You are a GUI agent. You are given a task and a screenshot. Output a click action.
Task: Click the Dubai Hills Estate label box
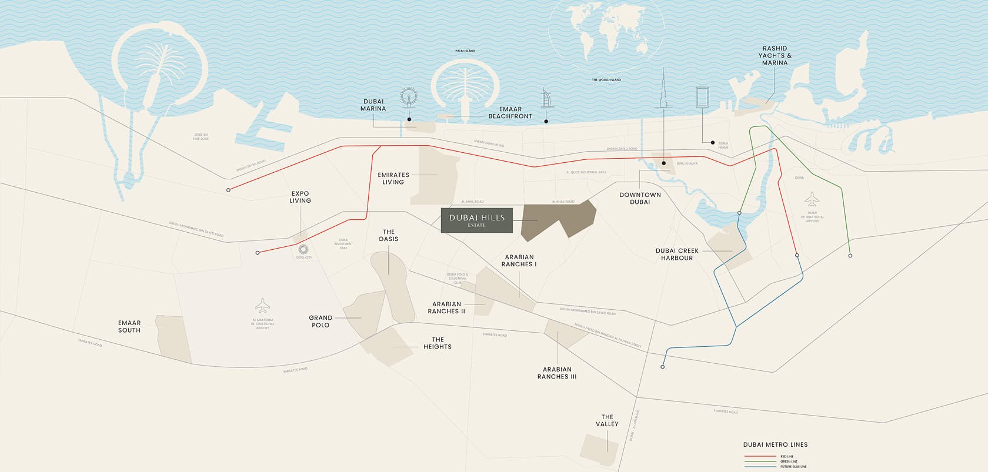[x=477, y=220]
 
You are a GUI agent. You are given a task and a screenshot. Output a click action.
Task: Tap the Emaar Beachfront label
[x=510, y=113]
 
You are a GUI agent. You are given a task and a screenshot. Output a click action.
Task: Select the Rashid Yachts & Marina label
[x=775, y=56]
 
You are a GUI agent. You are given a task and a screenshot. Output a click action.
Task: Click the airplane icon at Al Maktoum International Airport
[x=262, y=306]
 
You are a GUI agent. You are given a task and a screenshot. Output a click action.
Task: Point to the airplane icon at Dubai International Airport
[x=812, y=199]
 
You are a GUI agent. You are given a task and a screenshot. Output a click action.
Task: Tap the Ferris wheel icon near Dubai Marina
[x=408, y=98]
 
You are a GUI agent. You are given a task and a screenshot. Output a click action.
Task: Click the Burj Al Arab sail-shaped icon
[x=545, y=99]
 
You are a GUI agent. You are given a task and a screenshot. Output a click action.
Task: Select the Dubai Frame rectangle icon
[x=703, y=98]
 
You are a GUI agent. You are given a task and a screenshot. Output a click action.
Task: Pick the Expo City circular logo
[x=304, y=249]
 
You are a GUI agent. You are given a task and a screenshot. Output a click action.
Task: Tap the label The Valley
[x=608, y=420]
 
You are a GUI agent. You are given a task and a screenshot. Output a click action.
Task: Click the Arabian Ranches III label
[x=556, y=373]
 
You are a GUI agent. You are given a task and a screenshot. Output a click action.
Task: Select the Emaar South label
[x=129, y=326]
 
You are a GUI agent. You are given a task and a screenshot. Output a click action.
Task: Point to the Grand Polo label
[x=321, y=321]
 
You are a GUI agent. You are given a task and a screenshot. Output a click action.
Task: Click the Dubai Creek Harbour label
[x=677, y=254]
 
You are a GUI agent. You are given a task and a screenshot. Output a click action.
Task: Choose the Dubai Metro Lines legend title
[x=775, y=444]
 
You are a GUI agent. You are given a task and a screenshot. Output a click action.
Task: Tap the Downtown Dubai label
[x=640, y=198]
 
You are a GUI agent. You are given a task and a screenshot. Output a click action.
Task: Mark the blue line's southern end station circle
[x=663, y=367]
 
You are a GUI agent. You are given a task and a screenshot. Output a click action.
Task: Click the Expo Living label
[x=300, y=197]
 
